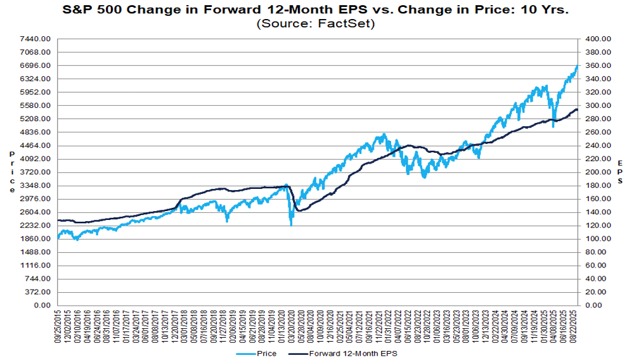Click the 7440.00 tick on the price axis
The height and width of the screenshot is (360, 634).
[x=35, y=39]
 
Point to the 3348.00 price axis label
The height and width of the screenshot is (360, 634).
[x=35, y=186]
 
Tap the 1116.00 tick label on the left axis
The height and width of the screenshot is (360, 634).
[x=35, y=266]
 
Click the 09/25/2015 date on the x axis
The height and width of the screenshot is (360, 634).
[x=58, y=326]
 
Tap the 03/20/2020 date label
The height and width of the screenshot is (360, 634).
[x=291, y=326]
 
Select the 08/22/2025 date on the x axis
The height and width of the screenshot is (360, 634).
[x=575, y=326]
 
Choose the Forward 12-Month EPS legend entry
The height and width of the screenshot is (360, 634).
[x=343, y=354]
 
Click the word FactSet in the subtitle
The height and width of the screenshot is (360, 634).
[x=344, y=23]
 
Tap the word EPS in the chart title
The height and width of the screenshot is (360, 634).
[x=354, y=10]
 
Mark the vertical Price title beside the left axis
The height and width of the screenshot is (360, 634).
[x=12, y=172]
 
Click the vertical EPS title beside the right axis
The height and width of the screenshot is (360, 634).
[x=620, y=172]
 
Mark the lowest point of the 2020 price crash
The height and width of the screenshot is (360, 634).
[x=291, y=225]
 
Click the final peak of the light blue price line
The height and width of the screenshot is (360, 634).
[x=577, y=65]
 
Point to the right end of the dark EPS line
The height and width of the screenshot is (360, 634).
[x=578, y=110]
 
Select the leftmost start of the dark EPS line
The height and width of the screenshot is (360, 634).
[x=58, y=220]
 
